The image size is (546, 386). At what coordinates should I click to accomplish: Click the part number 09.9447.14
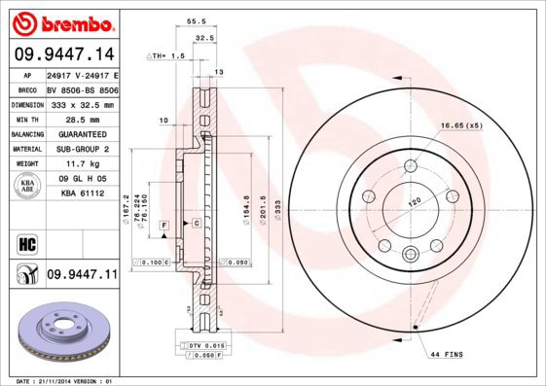tap(63, 56)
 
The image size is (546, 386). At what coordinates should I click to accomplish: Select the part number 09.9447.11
tap(82, 275)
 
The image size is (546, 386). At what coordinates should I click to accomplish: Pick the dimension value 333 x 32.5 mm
tap(81, 104)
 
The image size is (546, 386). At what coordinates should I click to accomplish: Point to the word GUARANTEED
tap(81, 134)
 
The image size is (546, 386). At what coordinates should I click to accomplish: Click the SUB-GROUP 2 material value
tap(81, 149)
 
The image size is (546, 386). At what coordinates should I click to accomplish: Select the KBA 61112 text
tap(81, 193)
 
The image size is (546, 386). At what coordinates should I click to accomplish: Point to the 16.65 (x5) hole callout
tap(460, 126)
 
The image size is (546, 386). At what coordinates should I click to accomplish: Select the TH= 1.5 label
tap(171, 56)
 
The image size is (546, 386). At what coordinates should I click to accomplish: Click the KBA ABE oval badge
tap(28, 187)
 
